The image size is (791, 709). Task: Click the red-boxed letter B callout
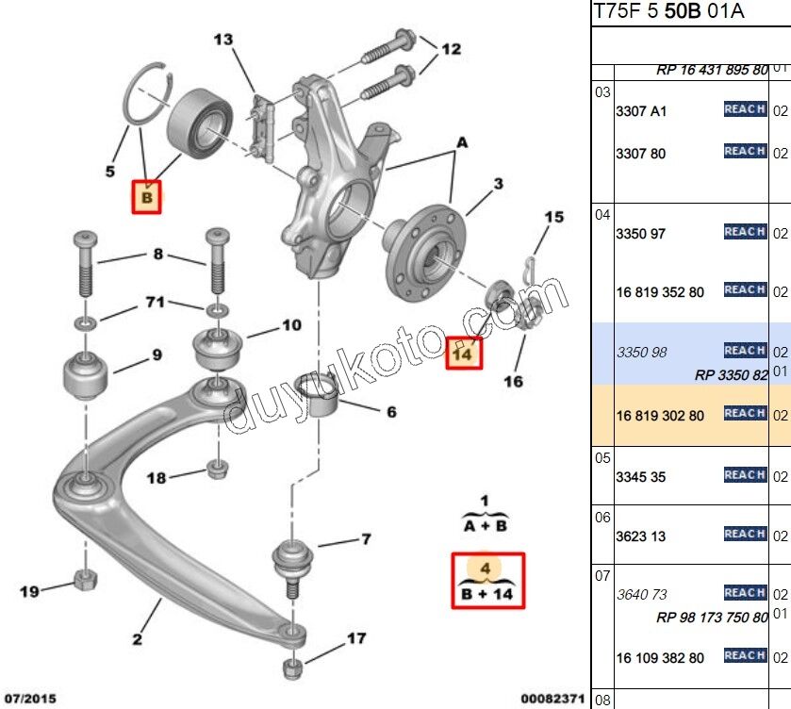146,198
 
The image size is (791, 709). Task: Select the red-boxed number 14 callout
462,354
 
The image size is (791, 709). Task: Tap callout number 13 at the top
222,40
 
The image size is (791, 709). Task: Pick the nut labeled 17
293,668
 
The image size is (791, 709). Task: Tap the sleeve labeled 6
318,396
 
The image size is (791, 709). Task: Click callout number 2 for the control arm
137,640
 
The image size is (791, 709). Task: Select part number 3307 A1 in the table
641,110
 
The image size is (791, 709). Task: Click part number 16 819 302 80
660,415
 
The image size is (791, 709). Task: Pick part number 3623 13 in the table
640,536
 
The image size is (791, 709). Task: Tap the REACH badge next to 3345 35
745,475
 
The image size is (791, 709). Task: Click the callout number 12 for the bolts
452,49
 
